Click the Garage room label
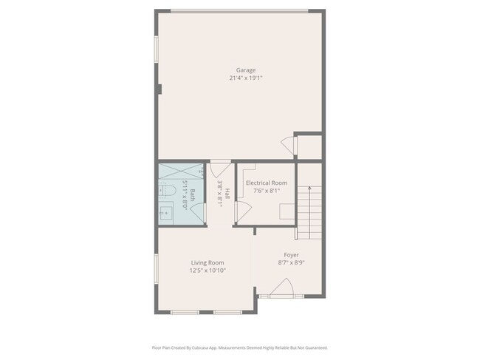point(246,70)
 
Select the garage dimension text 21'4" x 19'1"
point(246,78)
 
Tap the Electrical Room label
point(267,183)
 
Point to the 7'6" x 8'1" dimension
point(267,190)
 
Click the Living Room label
point(208,262)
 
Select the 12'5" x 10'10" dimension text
point(208,271)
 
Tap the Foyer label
point(291,255)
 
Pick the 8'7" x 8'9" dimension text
point(291,262)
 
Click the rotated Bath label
point(193,195)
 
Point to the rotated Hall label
point(227,195)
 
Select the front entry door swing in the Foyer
point(281,288)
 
